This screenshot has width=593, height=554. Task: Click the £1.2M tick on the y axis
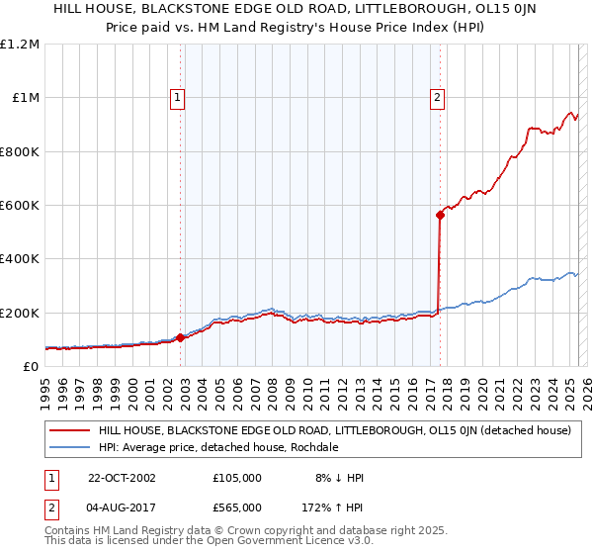tap(20, 45)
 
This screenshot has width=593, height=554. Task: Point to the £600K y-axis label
tap(20, 206)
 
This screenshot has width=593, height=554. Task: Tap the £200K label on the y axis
tap(20, 313)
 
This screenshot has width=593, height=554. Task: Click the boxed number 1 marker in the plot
tap(177, 97)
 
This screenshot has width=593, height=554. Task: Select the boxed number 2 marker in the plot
tap(437, 97)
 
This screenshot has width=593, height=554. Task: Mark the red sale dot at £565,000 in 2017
tap(440, 215)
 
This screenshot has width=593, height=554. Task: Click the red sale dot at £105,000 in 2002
tap(181, 337)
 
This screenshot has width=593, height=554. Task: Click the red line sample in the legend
tap(69, 430)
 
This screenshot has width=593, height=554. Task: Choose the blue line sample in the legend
tap(69, 447)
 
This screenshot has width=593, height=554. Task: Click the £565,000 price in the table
tap(236, 508)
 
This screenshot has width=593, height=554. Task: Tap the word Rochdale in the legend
tap(314, 447)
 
